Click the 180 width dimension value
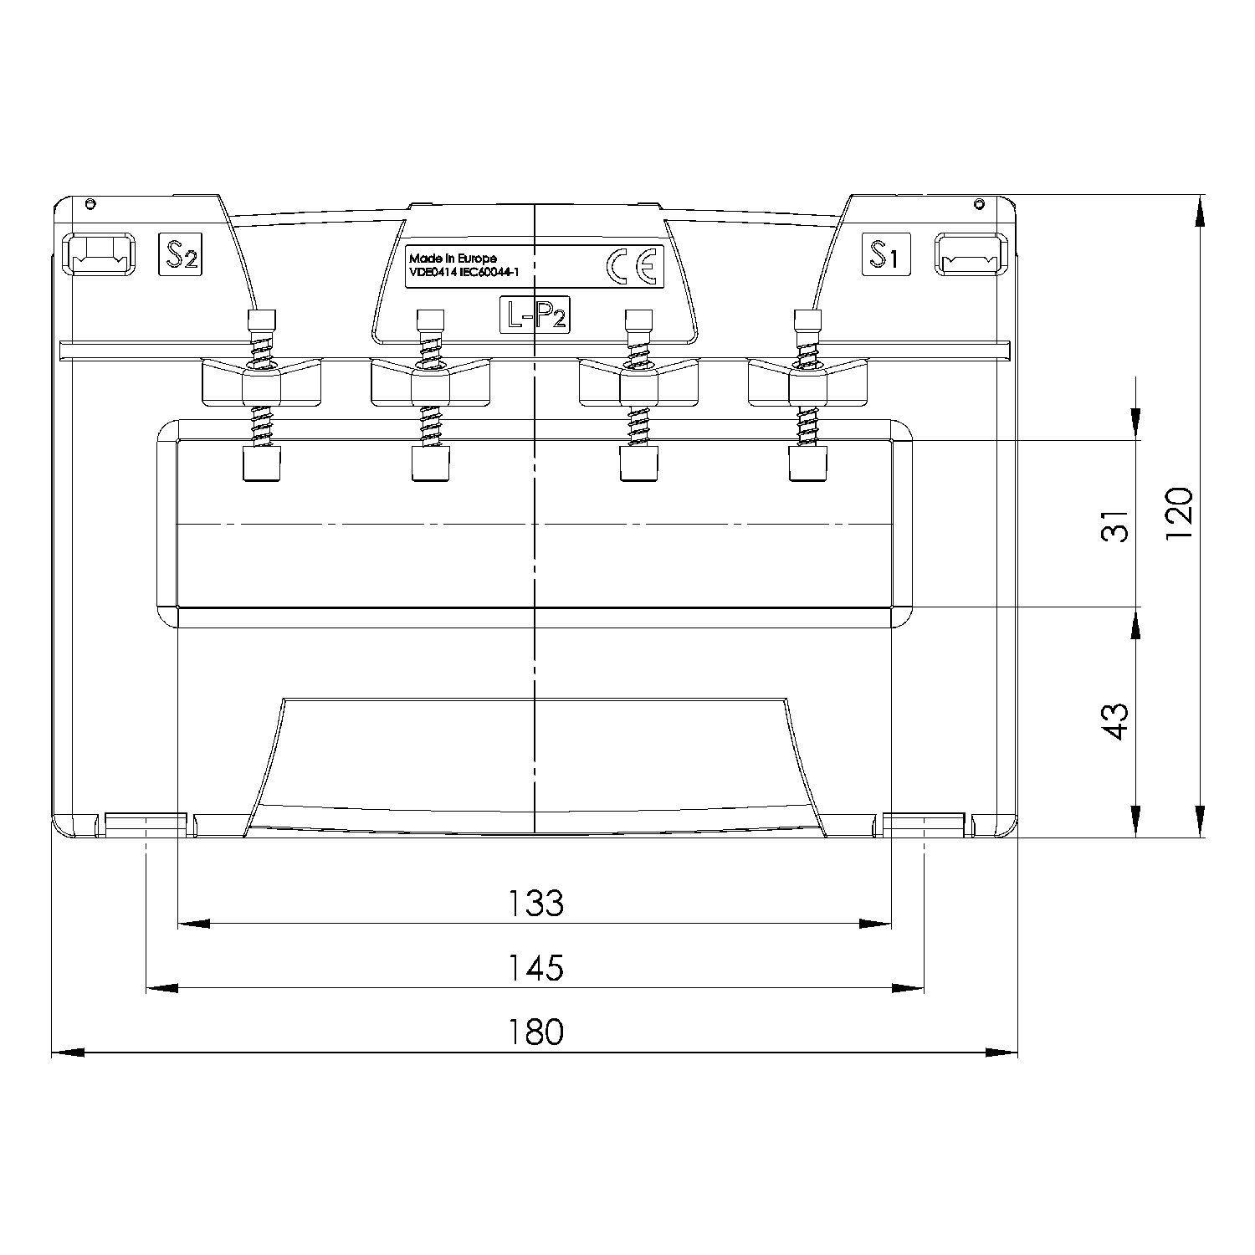[535, 1032]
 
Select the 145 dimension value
[535, 968]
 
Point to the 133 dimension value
[535, 904]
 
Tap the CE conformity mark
[634, 266]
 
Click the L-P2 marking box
[535, 315]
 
